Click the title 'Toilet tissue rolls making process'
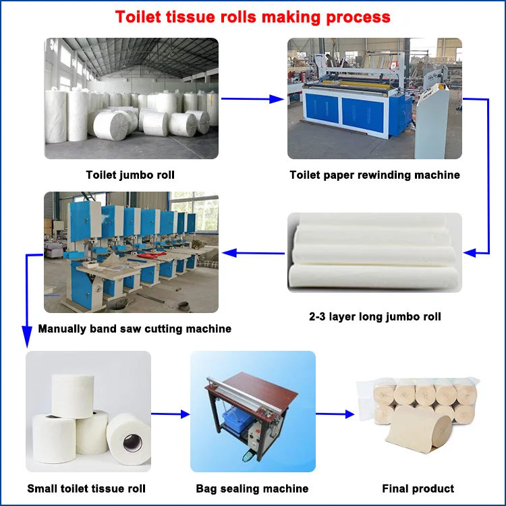[253, 17]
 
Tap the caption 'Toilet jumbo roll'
[130, 175]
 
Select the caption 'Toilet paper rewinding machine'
[374, 175]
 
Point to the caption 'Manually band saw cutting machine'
[135, 329]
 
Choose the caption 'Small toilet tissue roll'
[86, 488]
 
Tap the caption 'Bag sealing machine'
[252, 488]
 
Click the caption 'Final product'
[418, 488]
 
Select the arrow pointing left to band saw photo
[253, 254]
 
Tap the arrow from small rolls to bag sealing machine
[170, 414]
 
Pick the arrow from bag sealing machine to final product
[335, 414]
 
